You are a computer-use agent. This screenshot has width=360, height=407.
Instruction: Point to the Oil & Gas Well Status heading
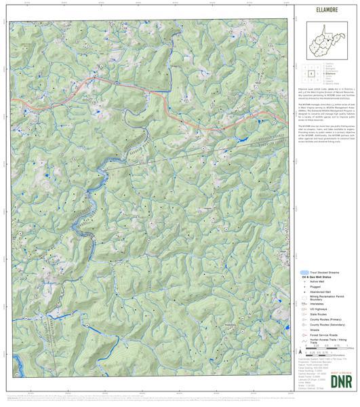tap(320, 277)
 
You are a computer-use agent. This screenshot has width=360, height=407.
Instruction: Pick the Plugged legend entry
tap(315, 288)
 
